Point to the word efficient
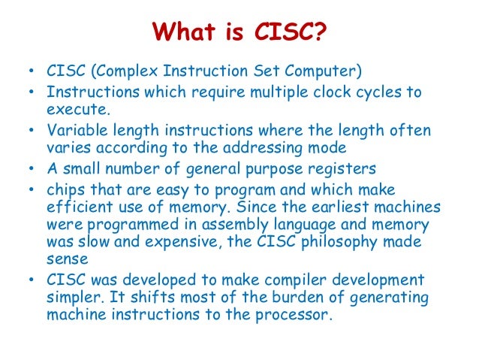(x=79, y=206)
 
